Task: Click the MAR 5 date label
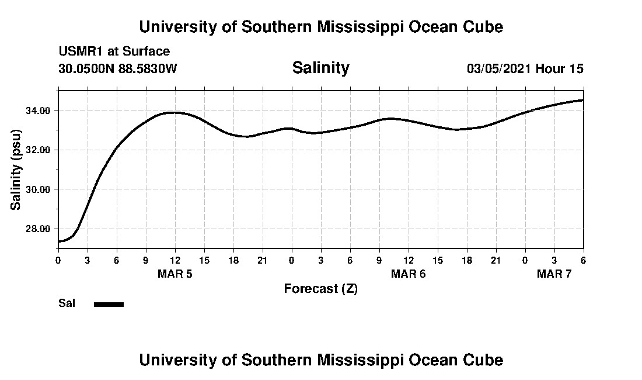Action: coord(175,274)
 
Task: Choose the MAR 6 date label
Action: coord(408,274)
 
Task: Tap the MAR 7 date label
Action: coord(554,274)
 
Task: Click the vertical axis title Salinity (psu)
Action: coord(16,170)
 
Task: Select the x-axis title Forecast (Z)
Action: coord(320,289)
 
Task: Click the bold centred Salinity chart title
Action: coord(320,68)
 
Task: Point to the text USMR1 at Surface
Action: coord(114,51)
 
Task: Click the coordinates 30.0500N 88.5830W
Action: coord(117,68)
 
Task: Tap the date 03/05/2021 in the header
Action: coord(499,68)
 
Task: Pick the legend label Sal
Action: coord(67,303)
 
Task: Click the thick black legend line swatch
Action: coord(109,304)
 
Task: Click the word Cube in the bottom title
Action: coord(486,360)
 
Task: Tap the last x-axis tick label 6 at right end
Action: coord(583,260)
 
